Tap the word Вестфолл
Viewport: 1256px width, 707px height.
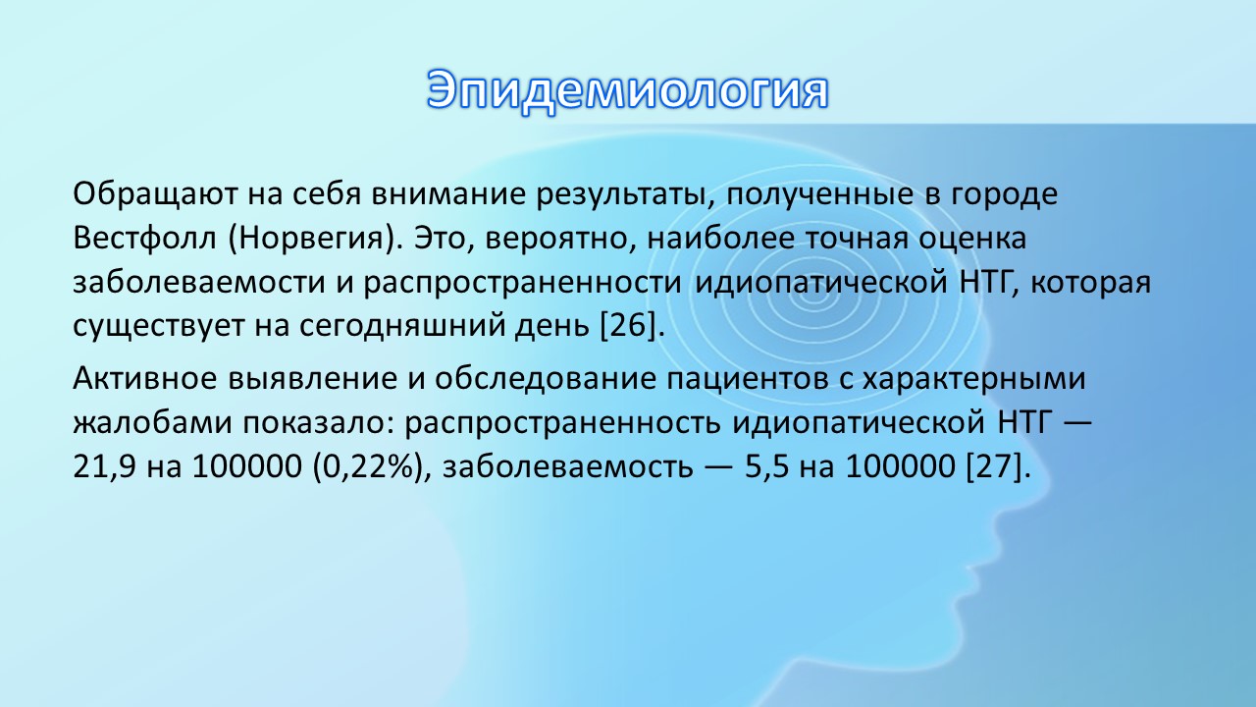144,238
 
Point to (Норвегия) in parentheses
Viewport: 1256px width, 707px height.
312,239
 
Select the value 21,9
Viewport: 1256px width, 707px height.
104,466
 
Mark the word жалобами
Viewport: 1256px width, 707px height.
152,422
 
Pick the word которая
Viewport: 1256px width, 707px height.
1090,283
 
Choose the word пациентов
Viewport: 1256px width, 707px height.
748,379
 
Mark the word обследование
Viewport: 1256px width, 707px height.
546,379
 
